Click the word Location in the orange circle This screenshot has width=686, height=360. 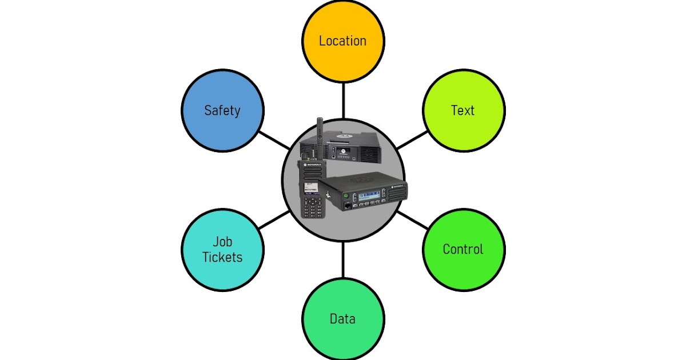342,41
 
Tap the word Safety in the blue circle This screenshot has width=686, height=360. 222,110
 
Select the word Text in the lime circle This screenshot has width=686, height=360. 462,110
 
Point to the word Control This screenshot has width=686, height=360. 463,249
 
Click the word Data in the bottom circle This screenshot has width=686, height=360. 342,319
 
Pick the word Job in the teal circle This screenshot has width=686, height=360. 222,241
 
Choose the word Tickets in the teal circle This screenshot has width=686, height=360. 222,257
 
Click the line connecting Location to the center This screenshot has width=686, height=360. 343,101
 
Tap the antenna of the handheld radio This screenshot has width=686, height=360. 320,137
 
